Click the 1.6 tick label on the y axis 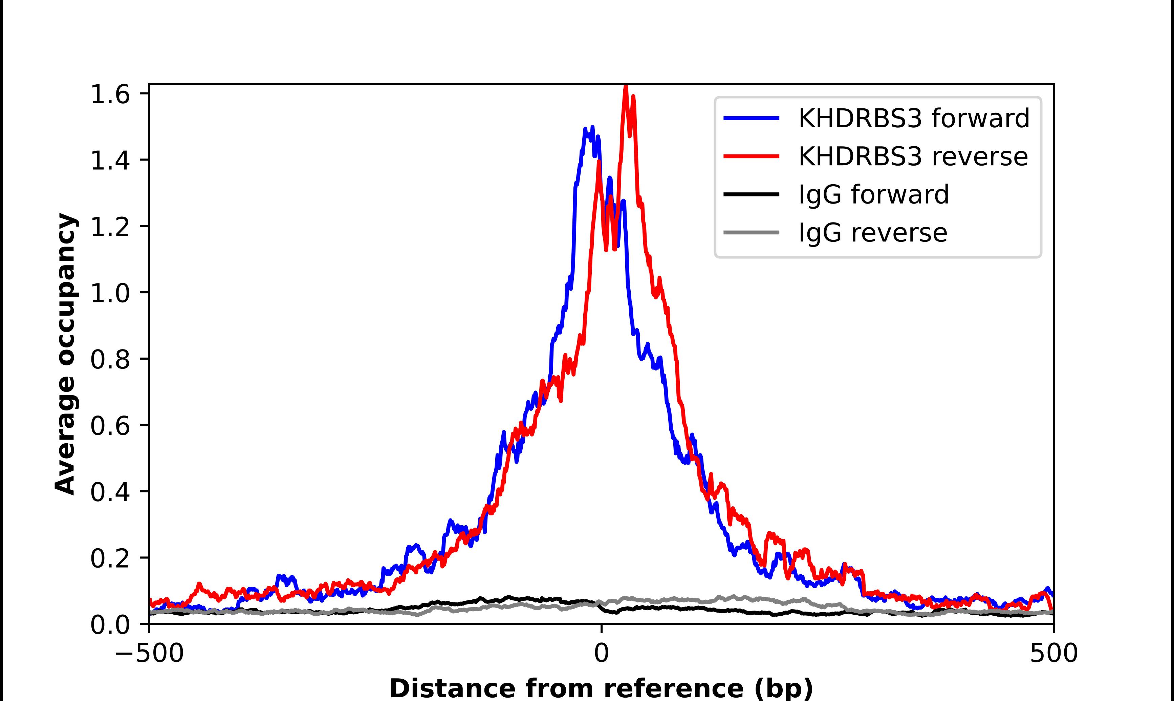pos(110,95)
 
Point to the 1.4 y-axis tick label pos(110,162)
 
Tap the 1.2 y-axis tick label pos(110,228)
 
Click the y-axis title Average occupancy pos(65,354)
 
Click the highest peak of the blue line pos(592,128)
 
